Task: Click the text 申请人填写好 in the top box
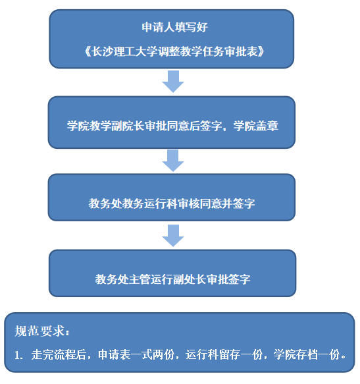(x=174, y=27)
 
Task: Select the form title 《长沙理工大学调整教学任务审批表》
(x=174, y=51)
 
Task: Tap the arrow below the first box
(x=173, y=81)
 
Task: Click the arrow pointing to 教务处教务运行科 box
(x=173, y=161)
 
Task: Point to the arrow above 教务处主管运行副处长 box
(x=173, y=236)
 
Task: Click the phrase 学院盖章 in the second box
(x=256, y=126)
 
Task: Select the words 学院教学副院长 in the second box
(x=106, y=126)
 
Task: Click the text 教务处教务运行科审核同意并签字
(x=172, y=204)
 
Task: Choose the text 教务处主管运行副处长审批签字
(x=173, y=279)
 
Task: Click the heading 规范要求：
(x=42, y=331)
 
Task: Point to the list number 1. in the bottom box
(x=18, y=355)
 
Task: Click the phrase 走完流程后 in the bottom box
(x=59, y=354)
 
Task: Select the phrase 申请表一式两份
(x=136, y=354)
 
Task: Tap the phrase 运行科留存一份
(x=224, y=354)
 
